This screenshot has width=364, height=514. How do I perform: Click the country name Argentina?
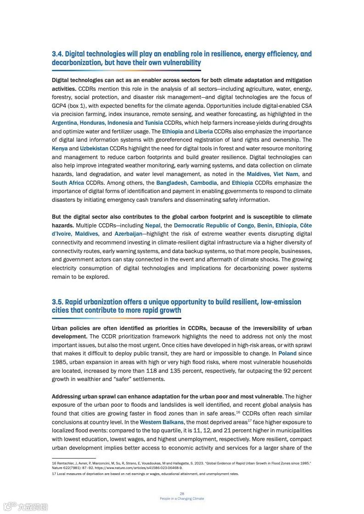pyautogui.click(x=64, y=123)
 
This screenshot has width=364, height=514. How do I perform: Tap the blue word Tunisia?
pyautogui.click(x=153, y=123)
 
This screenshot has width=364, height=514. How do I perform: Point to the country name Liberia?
pyautogui.click(x=204, y=132)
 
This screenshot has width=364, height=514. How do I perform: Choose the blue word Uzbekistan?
pyautogui.click(x=94, y=149)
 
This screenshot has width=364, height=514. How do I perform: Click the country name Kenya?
pyautogui.click(x=59, y=149)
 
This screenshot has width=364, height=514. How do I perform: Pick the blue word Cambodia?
pyautogui.click(x=203, y=183)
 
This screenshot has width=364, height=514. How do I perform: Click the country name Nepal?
pyautogui.click(x=153, y=226)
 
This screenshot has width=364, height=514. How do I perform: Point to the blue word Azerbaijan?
pyautogui.click(x=128, y=234)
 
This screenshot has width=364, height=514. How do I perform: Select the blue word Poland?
pyautogui.click(x=287, y=354)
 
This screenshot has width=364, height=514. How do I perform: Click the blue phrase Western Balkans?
pyautogui.click(x=162, y=422)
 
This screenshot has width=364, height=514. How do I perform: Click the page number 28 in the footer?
pyautogui.click(x=182, y=494)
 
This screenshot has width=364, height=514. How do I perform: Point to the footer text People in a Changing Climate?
pyautogui.click(x=182, y=498)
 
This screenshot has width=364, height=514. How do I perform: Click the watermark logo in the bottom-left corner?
pyautogui.click(x=26, y=507)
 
